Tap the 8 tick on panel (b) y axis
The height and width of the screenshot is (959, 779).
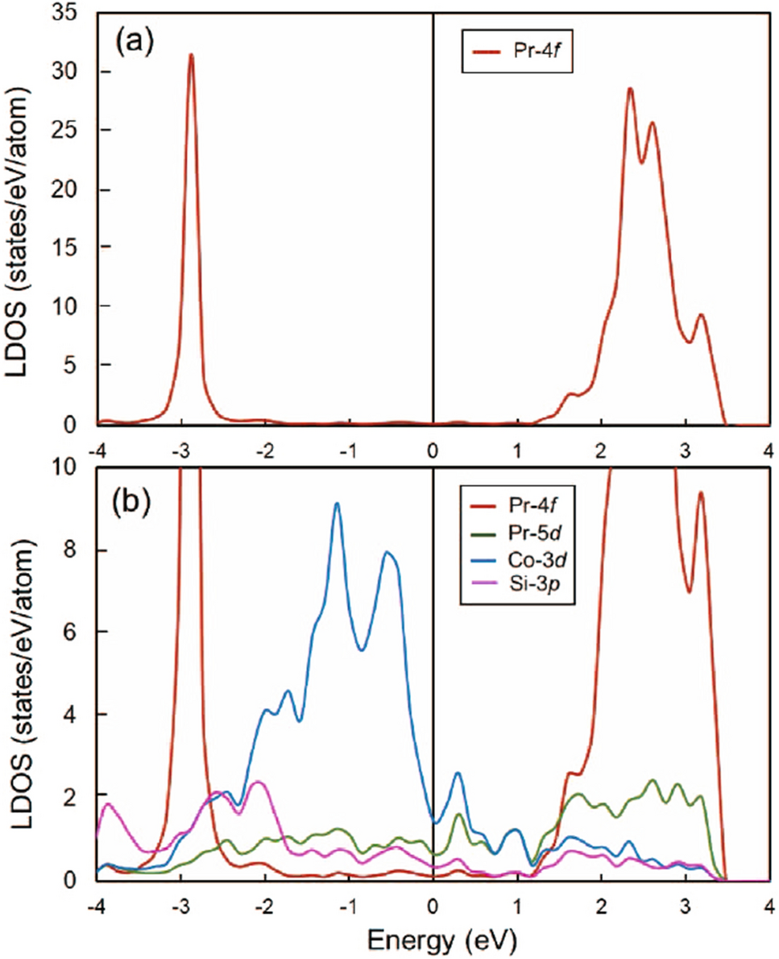81,550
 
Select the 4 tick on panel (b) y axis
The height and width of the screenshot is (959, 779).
81,715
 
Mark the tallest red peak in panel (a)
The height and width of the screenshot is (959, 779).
191,55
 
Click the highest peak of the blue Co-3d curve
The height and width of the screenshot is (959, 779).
337,504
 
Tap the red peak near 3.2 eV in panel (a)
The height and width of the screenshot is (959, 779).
701,315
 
